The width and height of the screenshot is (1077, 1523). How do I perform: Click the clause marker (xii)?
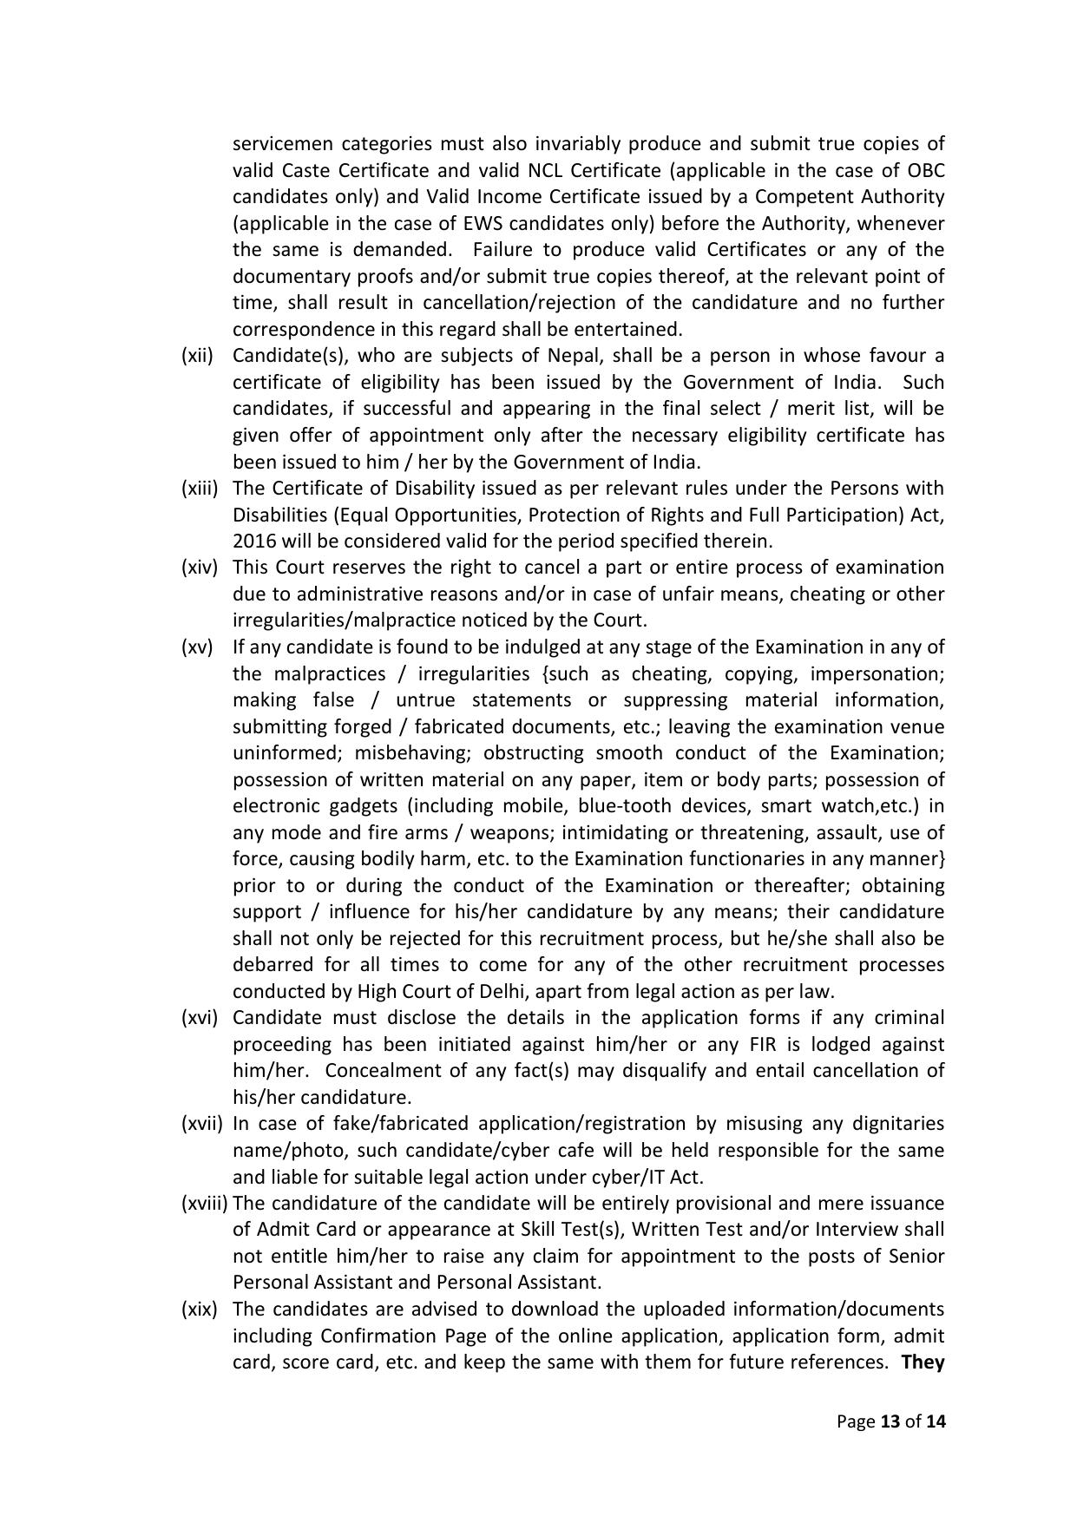pyautogui.click(x=197, y=356)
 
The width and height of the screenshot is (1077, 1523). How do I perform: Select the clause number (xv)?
pyautogui.click(x=196, y=647)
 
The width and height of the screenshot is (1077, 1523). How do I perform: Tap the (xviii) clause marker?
pyautogui.click(x=205, y=1204)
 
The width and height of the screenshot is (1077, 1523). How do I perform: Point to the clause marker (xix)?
pyautogui.click(x=198, y=1310)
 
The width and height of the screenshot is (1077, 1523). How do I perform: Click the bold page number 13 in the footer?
pyautogui.click(x=890, y=1421)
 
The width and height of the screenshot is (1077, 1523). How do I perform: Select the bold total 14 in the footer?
pyautogui.click(x=935, y=1421)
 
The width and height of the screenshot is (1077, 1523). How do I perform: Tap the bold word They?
pyautogui.click(x=923, y=1362)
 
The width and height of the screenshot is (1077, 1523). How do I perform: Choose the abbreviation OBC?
pyautogui.click(x=925, y=170)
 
